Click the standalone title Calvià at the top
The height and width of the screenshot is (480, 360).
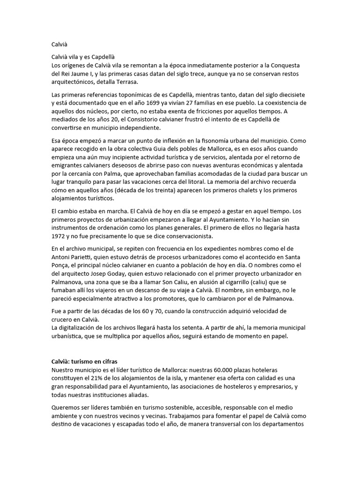[x=60, y=45]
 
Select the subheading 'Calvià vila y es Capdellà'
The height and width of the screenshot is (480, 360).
[x=82, y=56]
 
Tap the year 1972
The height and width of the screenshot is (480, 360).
[x=59, y=235]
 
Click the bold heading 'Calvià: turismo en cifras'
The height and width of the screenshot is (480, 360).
[x=84, y=361]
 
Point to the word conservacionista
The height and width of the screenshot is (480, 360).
[x=184, y=235]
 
